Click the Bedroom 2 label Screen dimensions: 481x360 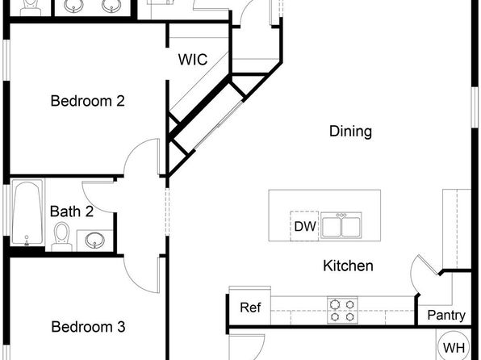coord(88,101)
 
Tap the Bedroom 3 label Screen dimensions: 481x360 coord(88,327)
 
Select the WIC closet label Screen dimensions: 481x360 coord(193,59)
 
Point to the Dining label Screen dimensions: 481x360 coord(350,132)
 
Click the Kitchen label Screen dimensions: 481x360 coord(348,266)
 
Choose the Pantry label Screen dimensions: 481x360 coord(446,315)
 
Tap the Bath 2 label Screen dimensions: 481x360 coord(72,211)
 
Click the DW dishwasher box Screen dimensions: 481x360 coord(304,226)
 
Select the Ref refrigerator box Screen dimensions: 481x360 coord(250,308)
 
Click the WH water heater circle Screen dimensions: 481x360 coord(454,346)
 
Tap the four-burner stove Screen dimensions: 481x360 coord(342,310)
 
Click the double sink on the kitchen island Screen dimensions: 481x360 coord(341,225)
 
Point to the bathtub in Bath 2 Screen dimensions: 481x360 coord(27,212)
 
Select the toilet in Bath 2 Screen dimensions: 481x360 coord(62,237)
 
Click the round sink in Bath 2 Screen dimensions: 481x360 coord(94,240)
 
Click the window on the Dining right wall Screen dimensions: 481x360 coord(475,107)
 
